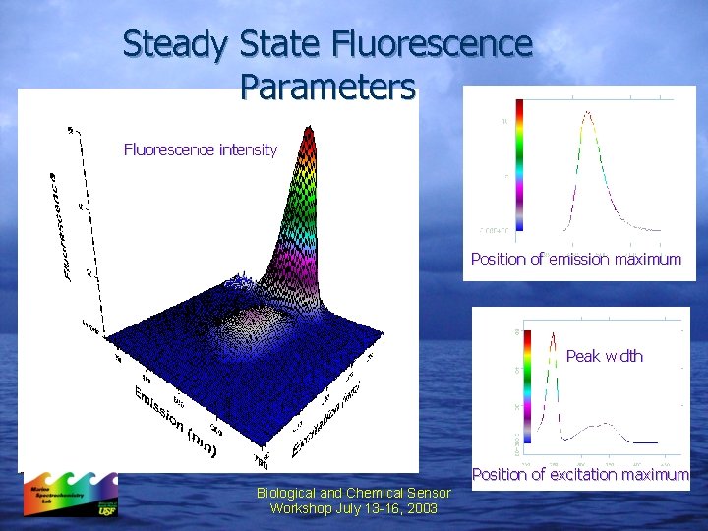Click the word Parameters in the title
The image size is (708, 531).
pyautogui.click(x=326, y=87)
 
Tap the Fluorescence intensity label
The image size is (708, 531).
pyautogui.click(x=201, y=149)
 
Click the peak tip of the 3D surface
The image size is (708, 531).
pyautogui.click(x=309, y=128)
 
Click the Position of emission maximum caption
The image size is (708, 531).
pyautogui.click(x=575, y=260)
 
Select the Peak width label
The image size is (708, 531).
pyautogui.click(x=604, y=356)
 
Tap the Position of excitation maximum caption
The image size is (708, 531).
pyautogui.click(x=580, y=475)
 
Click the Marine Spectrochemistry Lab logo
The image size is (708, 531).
pyautogui.click(x=70, y=495)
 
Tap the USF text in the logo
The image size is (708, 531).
pyautogui.click(x=105, y=510)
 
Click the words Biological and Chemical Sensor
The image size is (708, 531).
pyautogui.click(x=353, y=493)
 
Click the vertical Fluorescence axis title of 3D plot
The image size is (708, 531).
pyautogui.click(x=60, y=226)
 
